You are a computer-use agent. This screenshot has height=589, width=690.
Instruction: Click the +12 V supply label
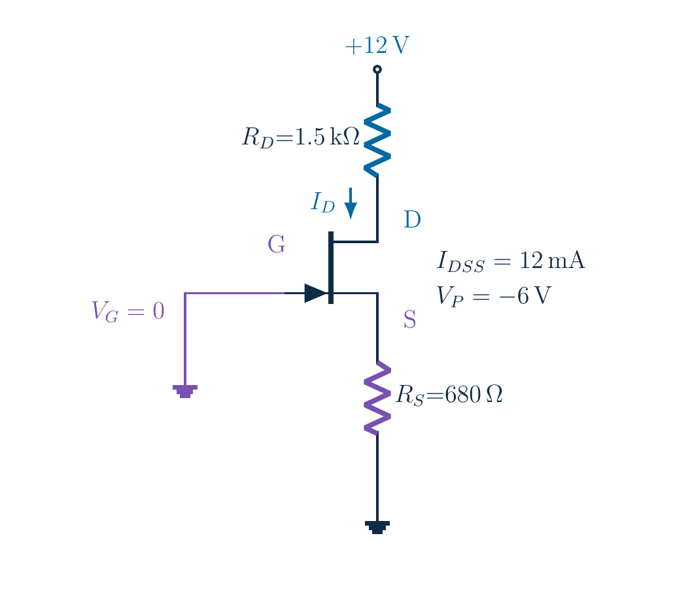point(377,45)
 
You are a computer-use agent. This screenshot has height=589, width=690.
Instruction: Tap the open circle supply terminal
point(377,69)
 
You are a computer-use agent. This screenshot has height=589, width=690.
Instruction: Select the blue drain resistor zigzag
point(377,141)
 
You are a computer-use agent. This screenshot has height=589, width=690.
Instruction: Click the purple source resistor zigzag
point(377,398)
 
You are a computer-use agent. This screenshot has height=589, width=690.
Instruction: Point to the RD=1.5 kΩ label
point(301,137)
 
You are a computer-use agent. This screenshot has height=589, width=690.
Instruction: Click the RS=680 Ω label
point(449,395)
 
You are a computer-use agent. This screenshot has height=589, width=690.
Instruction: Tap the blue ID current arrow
point(351,203)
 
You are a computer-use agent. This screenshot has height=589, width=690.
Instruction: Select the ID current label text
point(323,203)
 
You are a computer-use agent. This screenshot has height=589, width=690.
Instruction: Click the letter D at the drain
point(412,219)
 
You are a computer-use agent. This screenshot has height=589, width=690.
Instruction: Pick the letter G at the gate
point(277,244)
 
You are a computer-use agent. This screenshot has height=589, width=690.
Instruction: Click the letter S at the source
point(409,319)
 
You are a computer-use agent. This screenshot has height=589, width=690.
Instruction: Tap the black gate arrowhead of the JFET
point(316,293)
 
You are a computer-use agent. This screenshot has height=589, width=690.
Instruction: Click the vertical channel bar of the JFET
point(331,267)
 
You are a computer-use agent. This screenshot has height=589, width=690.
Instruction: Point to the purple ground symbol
point(185,391)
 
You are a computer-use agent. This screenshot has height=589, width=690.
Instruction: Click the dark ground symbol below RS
point(377,527)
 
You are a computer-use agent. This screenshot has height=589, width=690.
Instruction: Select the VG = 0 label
point(128,311)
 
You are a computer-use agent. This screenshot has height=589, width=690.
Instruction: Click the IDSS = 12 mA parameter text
point(511,261)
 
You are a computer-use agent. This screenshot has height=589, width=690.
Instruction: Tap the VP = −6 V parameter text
point(494,295)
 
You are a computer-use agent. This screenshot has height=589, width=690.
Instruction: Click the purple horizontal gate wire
point(235,293)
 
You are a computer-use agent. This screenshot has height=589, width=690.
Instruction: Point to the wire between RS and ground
point(377,478)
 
